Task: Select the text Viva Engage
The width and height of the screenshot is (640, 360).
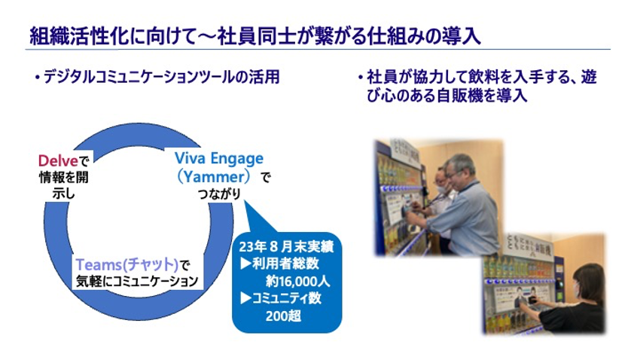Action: coord(219,159)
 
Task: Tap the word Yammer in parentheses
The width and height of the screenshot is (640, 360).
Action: coord(219,178)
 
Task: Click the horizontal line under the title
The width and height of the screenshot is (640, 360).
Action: coord(317,50)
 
